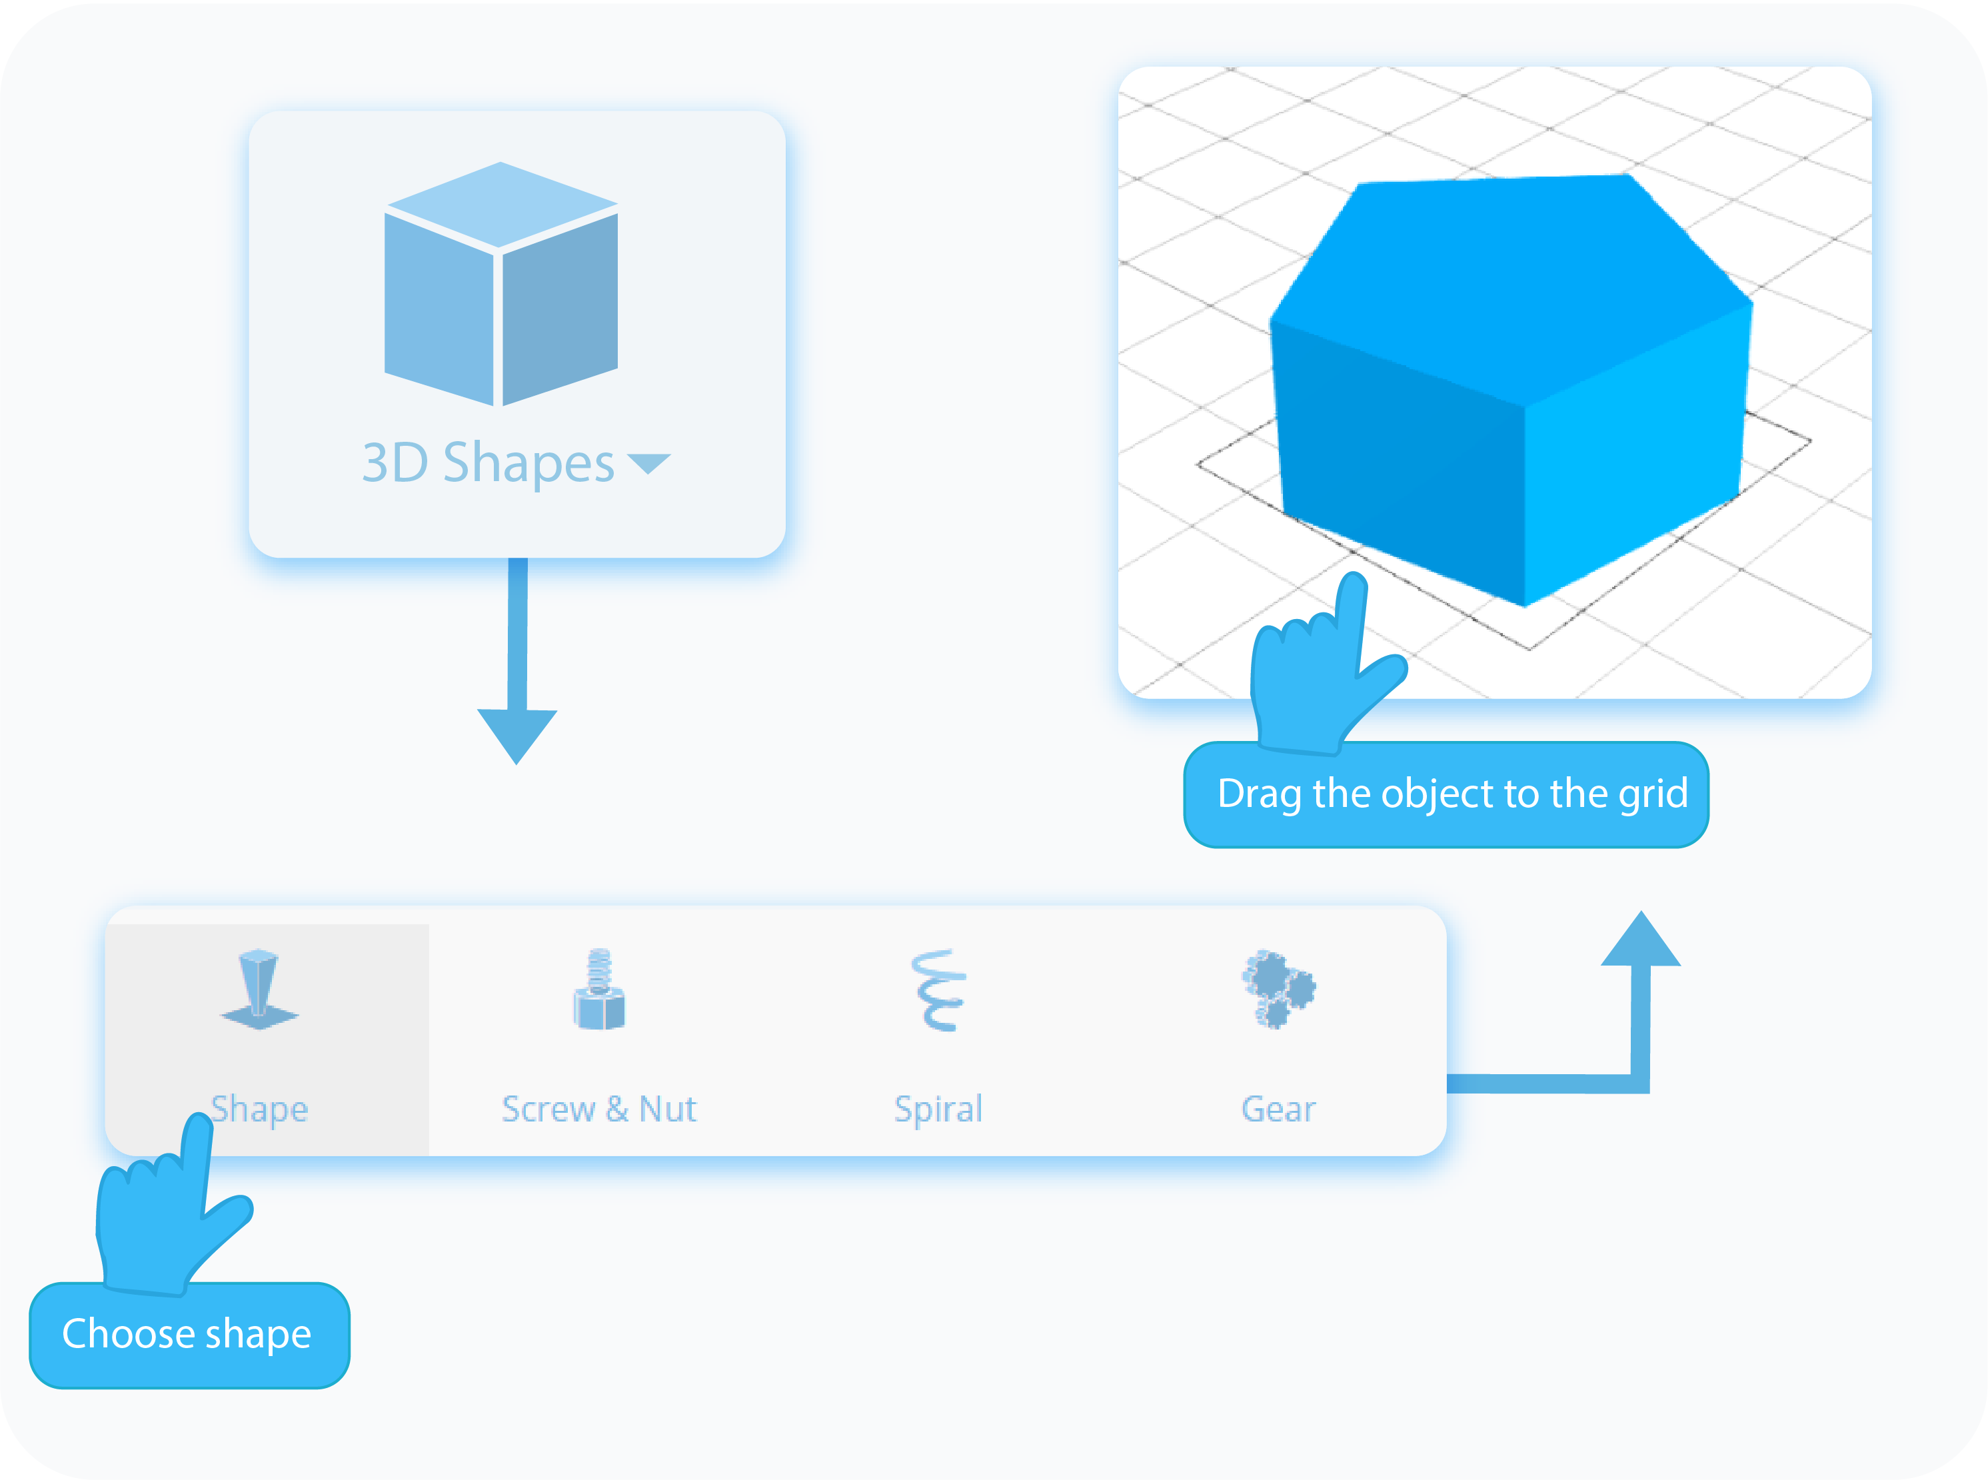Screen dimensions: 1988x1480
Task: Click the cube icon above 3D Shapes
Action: pyautogui.click(x=500, y=284)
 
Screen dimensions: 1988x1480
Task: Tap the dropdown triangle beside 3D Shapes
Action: pyautogui.click(x=648, y=463)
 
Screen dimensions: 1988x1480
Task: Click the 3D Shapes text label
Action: pyautogui.click(x=489, y=464)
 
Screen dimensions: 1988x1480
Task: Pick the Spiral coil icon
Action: pyautogui.click(x=938, y=990)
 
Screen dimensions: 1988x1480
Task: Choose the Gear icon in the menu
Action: pyautogui.click(x=1278, y=989)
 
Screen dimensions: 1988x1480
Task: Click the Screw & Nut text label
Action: pyautogui.click(x=598, y=1109)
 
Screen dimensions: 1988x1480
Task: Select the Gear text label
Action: pyautogui.click(x=1278, y=1109)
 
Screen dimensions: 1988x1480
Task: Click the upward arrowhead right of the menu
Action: pyautogui.click(x=1640, y=940)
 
